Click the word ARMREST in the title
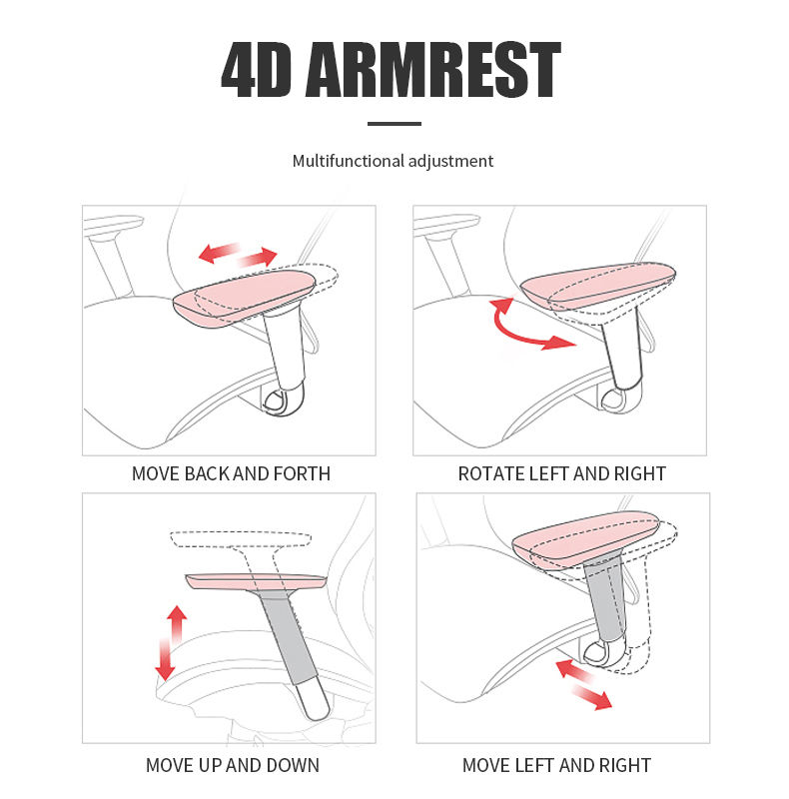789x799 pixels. [432, 70]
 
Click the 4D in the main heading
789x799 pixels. [257, 70]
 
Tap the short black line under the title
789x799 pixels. [394, 124]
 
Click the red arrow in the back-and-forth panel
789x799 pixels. [238, 254]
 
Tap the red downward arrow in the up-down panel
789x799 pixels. [164, 659]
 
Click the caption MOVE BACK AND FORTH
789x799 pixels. [231, 473]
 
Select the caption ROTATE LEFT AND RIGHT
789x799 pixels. [562, 473]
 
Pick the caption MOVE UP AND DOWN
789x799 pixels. [233, 766]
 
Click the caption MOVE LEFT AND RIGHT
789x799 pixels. [556, 766]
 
